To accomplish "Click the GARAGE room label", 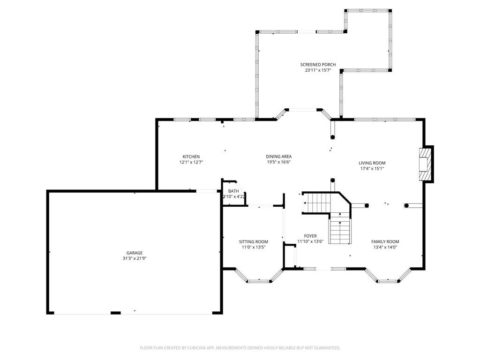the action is coord(135,253).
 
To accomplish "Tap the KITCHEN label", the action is coord(191,157).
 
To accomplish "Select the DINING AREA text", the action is coord(278,157).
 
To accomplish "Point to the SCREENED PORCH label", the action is coord(318,65).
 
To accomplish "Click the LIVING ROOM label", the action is coord(372,163).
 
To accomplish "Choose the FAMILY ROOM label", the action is coord(385,241).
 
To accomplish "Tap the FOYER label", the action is coord(310,236).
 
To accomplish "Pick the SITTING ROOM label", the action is coord(254,242).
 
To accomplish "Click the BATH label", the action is coord(233,191).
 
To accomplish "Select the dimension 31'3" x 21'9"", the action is coord(135,258).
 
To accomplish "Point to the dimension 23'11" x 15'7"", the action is coord(318,70).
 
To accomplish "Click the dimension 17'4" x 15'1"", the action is coord(372,169).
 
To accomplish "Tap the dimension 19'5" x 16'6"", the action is coord(278,162).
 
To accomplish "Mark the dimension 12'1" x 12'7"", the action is coord(191,162).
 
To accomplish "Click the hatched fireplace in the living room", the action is coord(424,165).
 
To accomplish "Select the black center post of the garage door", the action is coord(115,313).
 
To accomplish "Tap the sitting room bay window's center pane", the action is coord(259,281).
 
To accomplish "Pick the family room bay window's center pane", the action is coord(388,281).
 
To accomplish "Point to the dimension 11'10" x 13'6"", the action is coord(310,241).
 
